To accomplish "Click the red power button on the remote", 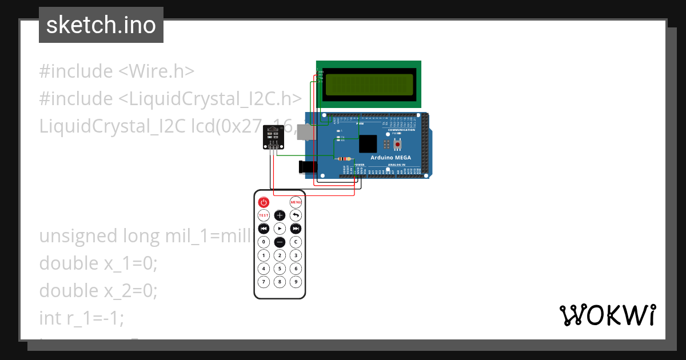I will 264,202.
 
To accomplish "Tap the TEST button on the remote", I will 264,215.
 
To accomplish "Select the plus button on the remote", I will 280,215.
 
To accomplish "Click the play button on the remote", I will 280,229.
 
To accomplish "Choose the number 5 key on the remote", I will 280,269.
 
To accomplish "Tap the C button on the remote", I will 296,242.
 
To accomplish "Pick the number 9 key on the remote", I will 296,282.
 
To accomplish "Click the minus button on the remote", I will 280,242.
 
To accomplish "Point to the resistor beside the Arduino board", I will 344,158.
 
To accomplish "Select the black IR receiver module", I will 273,138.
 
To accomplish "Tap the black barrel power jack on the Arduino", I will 308,167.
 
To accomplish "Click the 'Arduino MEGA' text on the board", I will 392,157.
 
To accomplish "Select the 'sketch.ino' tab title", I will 101,25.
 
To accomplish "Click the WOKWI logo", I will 608,315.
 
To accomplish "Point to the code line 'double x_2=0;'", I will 98,291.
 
